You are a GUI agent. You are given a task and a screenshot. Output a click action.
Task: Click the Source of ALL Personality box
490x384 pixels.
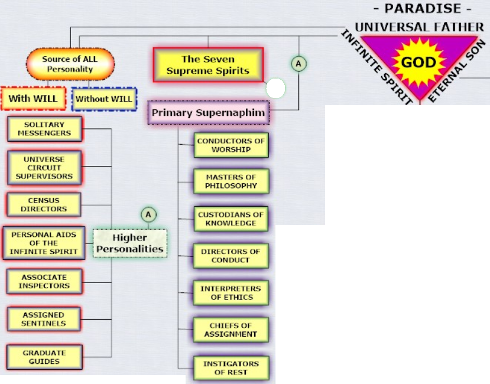coord(70,64)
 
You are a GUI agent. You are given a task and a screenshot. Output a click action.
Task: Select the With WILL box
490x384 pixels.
coord(33,99)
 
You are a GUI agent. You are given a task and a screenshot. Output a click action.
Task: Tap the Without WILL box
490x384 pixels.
coord(103,99)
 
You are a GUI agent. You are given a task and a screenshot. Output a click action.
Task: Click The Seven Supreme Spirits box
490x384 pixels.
coord(207,65)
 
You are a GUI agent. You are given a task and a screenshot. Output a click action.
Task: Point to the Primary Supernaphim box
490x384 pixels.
coord(209,112)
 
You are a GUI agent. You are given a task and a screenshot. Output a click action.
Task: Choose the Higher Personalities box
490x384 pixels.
coord(130,243)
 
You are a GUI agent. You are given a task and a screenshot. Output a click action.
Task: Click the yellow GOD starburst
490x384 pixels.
coord(418,63)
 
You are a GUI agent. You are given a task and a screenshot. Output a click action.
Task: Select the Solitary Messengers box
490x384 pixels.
coord(44,129)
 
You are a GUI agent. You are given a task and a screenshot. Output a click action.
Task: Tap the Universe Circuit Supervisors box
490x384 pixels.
coord(44,168)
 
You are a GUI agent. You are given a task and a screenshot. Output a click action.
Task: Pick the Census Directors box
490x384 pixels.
coord(44,204)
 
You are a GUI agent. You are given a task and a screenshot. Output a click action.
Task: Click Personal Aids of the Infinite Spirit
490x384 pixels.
coord(44,243)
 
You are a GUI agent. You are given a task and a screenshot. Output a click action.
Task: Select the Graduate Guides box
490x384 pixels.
coord(44,357)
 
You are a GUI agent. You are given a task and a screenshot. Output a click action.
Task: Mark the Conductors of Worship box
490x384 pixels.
coord(232,145)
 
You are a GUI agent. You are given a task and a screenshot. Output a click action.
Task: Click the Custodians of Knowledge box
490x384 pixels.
coord(232,219)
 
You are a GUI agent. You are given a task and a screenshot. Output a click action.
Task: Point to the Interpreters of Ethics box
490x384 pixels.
coord(232,293)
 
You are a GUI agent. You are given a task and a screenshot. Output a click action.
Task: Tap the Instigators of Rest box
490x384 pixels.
coord(232,368)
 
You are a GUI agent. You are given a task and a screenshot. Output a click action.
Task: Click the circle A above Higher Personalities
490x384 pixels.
coord(148,214)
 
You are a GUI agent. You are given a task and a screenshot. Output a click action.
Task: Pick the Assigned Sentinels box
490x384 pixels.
coord(44,319)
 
